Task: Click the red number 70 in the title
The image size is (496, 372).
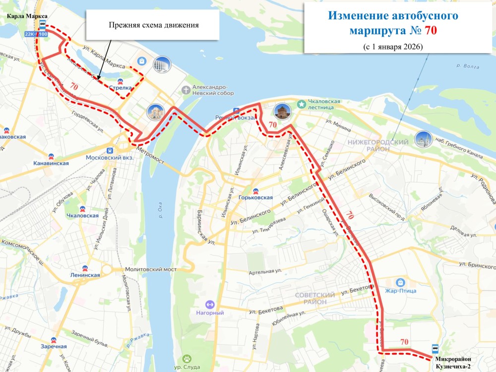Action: (x=430, y=30)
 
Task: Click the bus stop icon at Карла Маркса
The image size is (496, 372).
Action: (x=43, y=25)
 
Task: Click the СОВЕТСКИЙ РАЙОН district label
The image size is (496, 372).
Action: (x=314, y=299)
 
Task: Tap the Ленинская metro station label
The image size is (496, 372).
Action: (x=85, y=275)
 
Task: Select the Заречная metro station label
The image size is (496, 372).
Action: (x=54, y=347)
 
